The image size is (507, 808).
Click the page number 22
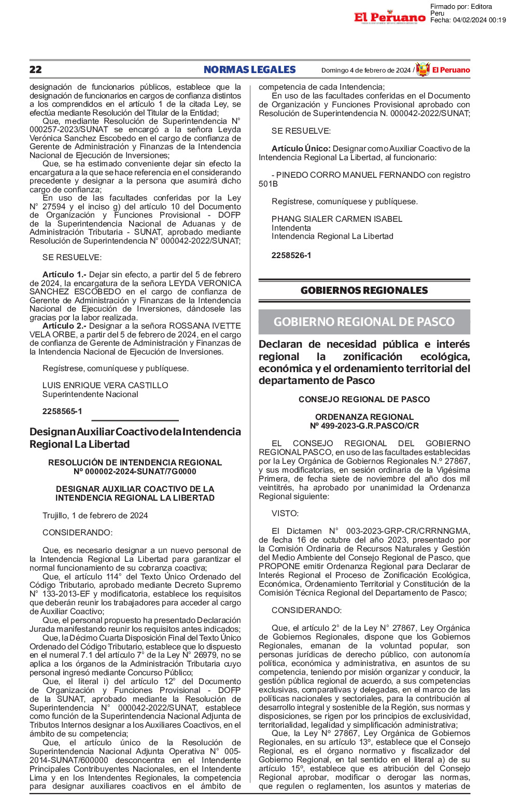coord(36,70)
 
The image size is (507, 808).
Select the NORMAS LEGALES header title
coord(249,70)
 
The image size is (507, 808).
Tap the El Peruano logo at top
coord(390,17)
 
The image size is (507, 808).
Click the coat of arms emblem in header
coord(423,69)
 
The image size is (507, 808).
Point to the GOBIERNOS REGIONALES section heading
coord(364,290)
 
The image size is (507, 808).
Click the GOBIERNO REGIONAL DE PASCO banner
coord(364,322)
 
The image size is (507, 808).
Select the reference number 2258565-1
coord(62,412)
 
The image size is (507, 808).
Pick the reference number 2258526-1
coord(291,256)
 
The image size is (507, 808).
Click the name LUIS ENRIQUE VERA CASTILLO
coord(105,386)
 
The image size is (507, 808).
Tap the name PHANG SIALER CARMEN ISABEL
coord(337,219)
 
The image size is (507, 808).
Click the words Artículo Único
coord(301,149)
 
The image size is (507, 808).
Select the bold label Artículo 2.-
coord(65,326)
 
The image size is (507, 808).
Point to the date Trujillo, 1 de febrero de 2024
coord(95,516)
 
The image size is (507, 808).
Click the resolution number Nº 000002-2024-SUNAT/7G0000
coord(135,472)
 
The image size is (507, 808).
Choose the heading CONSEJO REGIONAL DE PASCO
coord(364,400)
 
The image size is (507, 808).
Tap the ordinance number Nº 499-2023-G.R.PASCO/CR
coord(364,426)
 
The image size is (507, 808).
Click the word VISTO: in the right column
coord(285,514)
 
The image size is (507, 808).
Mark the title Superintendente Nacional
coord(90,394)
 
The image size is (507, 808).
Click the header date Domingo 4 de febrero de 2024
coord(366,70)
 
